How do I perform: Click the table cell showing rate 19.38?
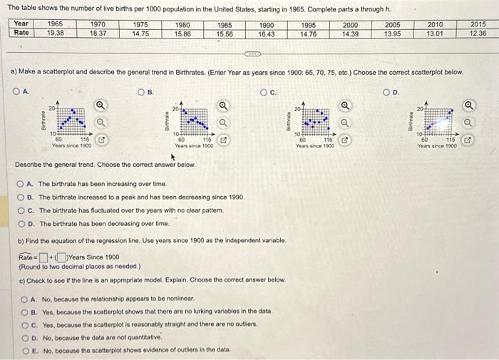(55, 33)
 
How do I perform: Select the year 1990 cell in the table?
(266, 24)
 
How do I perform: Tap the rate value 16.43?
(266, 33)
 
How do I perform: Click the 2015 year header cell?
(478, 24)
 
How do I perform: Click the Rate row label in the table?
(22, 33)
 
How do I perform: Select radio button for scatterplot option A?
(16, 91)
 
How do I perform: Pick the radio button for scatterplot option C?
(264, 91)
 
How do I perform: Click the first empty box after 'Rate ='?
(43, 257)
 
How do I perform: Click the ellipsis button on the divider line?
(253, 53)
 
